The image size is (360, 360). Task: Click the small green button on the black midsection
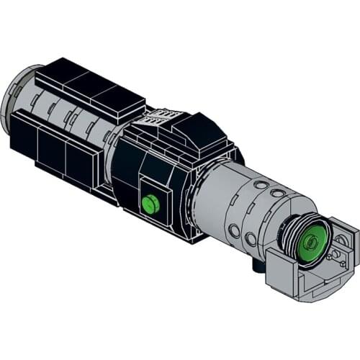(x=150, y=204)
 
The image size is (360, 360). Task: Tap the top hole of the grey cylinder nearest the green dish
(x=278, y=194)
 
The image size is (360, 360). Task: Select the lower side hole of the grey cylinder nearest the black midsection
(x=234, y=231)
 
